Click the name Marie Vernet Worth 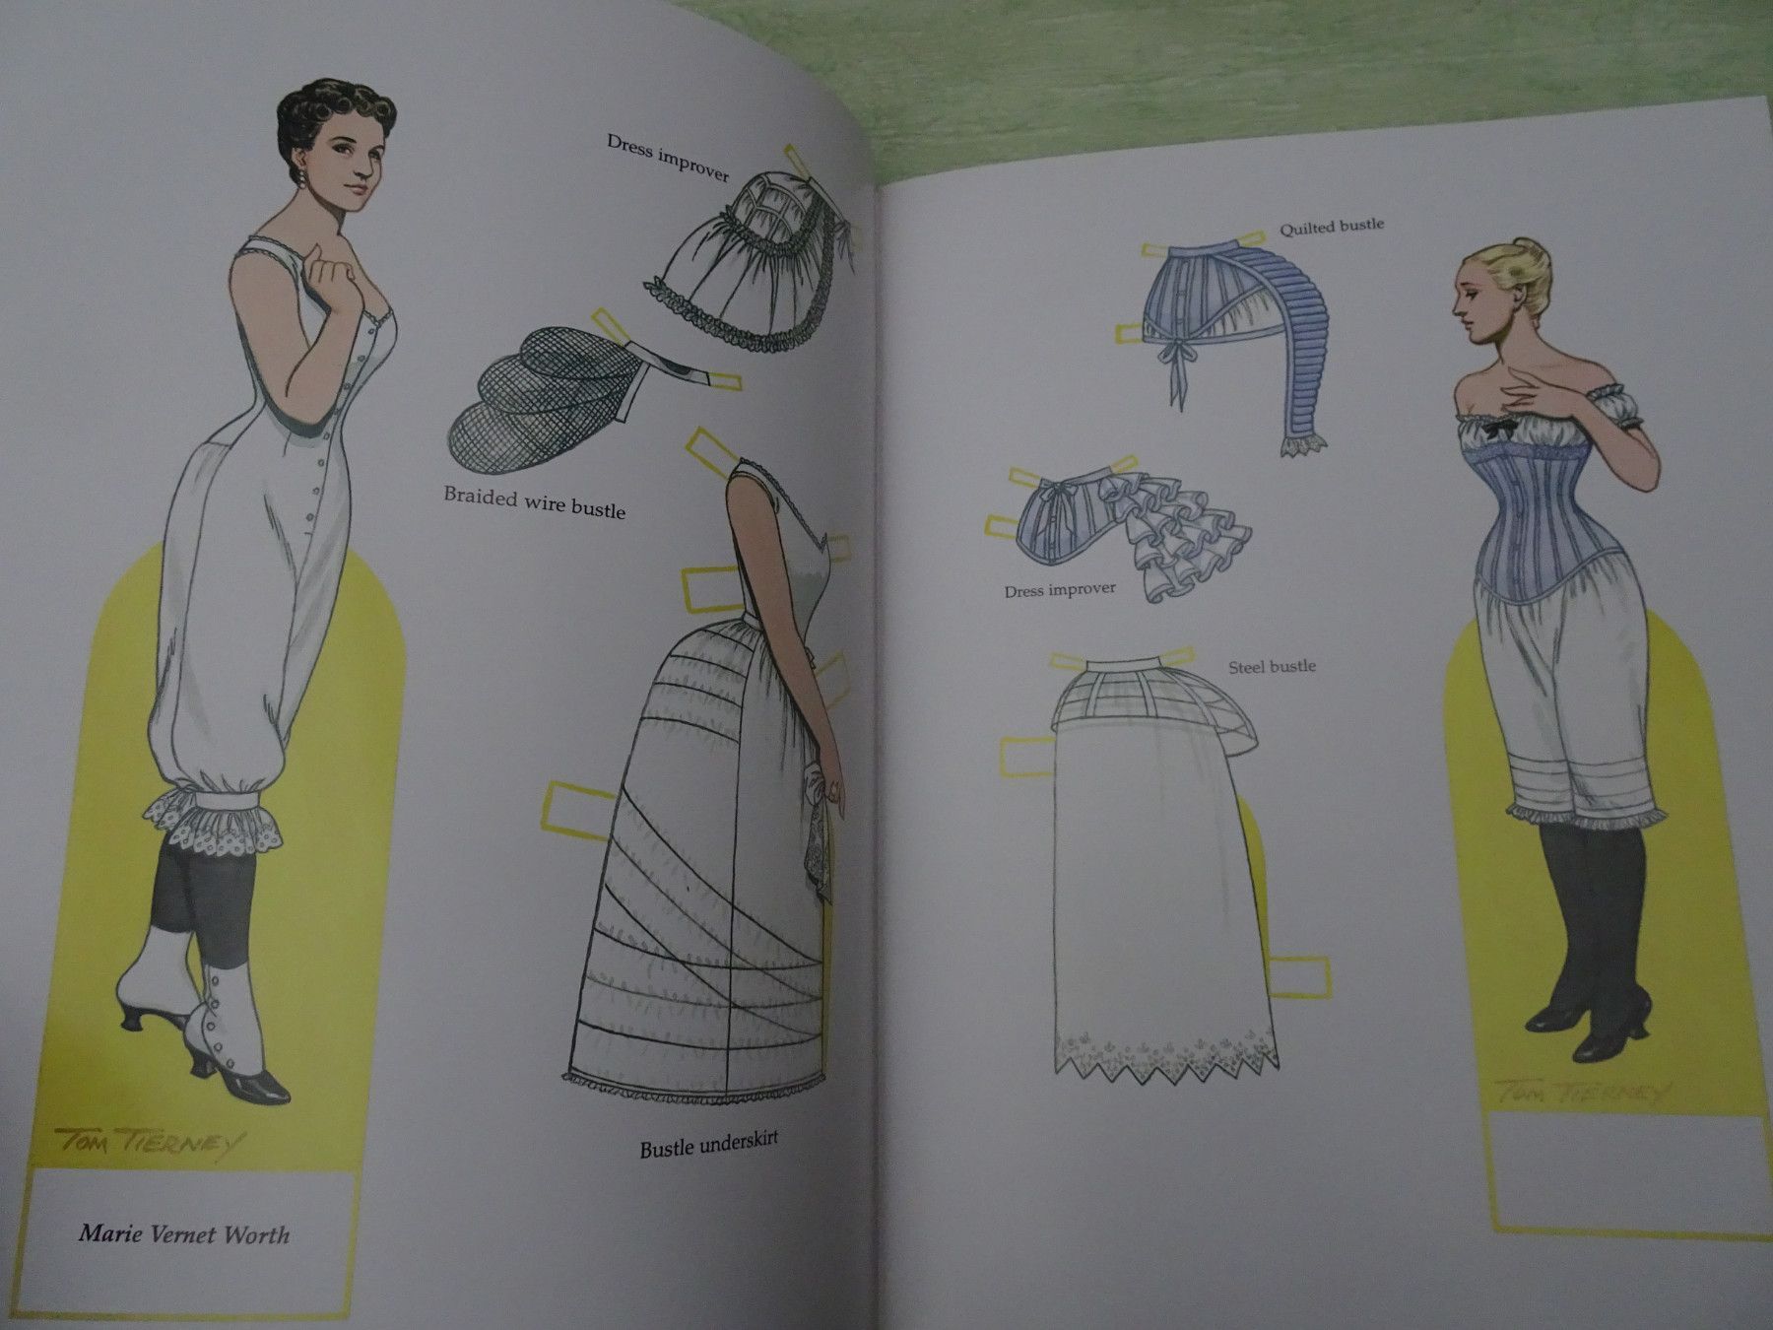pos(184,1233)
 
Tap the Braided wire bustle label pos(534,501)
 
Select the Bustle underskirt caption pos(709,1144)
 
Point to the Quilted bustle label pos(1332,227)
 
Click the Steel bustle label pos(1272,667)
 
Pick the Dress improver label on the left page pos(668,158)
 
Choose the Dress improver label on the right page pos(1060,590)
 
